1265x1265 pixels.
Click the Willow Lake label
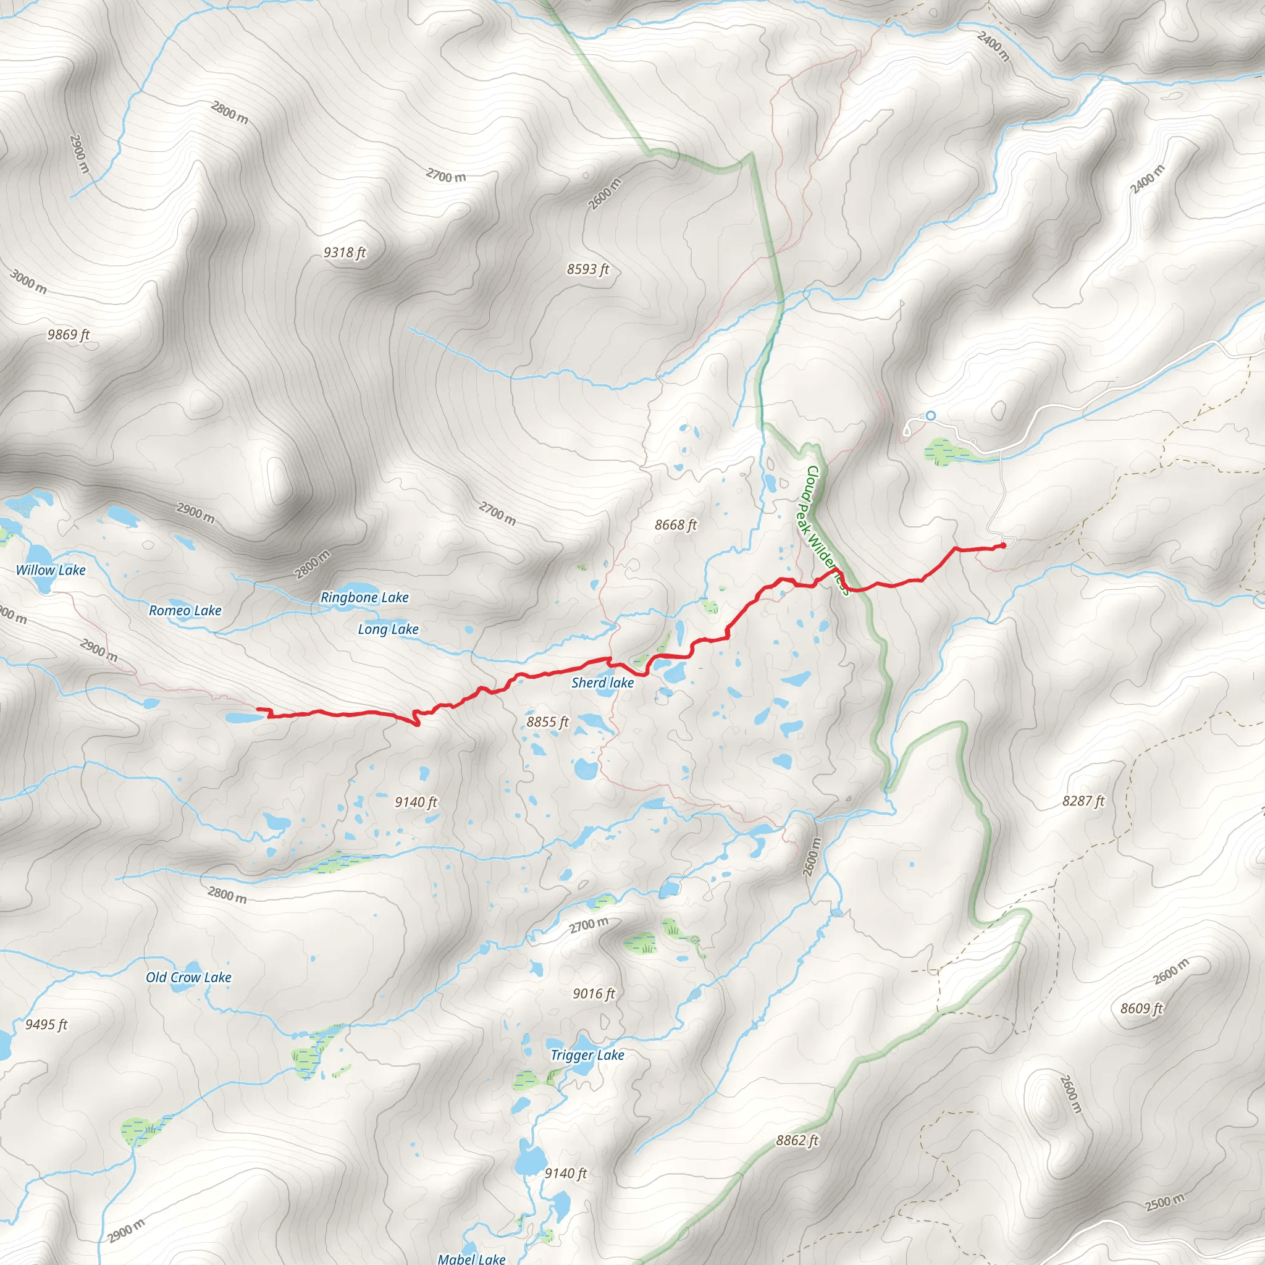point(51,570)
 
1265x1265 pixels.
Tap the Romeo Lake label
point(185,611)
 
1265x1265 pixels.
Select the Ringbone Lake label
point(364,598)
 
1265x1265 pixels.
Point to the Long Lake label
point(389,630)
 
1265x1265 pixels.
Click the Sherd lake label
point(602,683)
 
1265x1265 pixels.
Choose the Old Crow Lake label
point(188,978)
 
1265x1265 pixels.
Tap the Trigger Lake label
point(587,1056)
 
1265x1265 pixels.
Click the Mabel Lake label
point(471,1258)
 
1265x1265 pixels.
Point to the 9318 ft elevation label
point(345,253)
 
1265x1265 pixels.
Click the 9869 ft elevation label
point(69,335)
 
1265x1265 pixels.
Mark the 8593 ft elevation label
point(588,270)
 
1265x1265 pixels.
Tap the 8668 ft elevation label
point(676,525)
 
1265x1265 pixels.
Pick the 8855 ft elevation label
point(547,722)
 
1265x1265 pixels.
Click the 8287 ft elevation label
point(1083,801)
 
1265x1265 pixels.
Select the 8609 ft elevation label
point(1141,1008)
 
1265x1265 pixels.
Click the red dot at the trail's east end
point(1003,545)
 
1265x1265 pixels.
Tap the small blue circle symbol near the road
point(930,416)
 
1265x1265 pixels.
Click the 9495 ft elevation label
point(46,1025)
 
